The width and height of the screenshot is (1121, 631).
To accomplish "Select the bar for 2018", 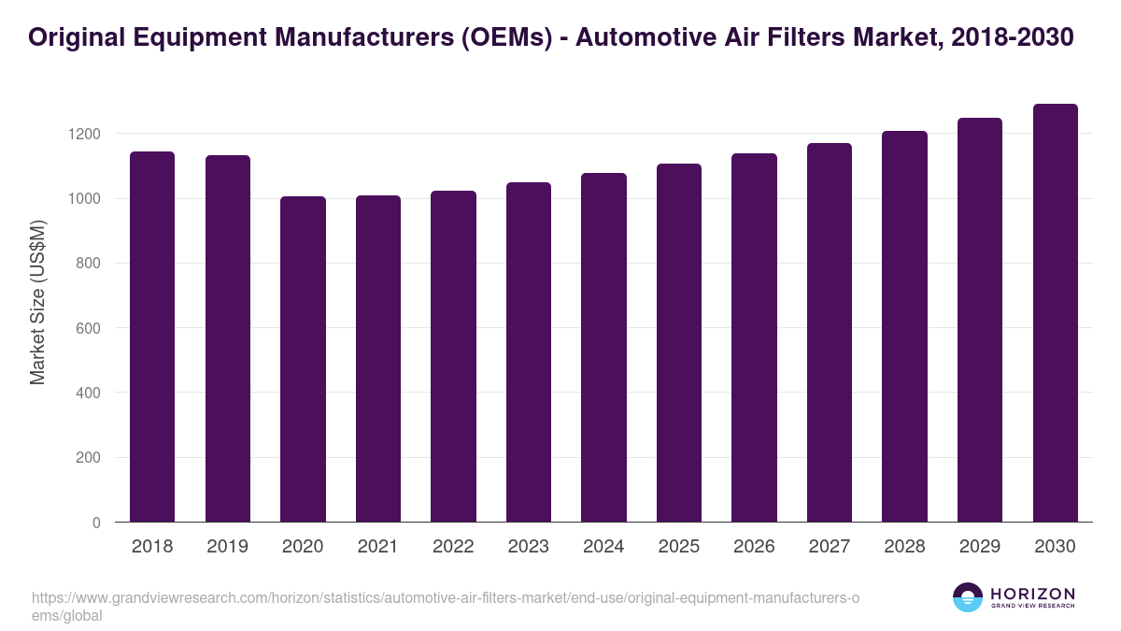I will tap(152, 337).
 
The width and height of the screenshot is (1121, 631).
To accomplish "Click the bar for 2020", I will tap(303, 359).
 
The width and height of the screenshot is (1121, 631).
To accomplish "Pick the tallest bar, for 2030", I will tap(1055, 312).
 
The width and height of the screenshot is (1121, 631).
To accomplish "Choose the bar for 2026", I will tap(754, 337).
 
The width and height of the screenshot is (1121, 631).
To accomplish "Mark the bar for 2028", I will tap(904, 326).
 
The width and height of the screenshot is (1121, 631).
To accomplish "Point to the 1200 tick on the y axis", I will tap(84, 134).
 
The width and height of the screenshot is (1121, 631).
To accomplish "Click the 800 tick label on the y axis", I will tap(89, 264).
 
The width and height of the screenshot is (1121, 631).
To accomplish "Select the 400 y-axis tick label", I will tap(89, 393).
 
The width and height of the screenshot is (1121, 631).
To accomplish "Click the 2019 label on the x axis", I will tap(227, 547).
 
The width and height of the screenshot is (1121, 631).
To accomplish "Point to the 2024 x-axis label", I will tap(603, 547).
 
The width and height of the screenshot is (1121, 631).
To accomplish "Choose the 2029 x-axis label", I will tap(979, 547).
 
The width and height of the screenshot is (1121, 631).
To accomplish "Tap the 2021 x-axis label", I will tap(377, 547).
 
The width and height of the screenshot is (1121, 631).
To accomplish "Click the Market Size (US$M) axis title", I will tap(37, 302).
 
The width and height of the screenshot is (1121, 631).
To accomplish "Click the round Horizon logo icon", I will tap(967, 597).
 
